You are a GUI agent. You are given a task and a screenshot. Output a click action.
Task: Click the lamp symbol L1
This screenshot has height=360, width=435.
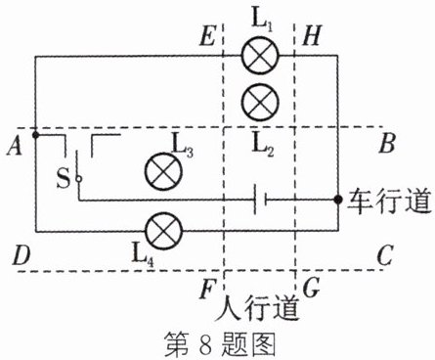coord(260,56)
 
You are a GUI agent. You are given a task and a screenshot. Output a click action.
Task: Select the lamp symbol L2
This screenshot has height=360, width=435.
coord(260,102)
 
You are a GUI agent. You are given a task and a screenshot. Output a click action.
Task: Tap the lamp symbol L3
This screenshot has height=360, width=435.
coord(163,172)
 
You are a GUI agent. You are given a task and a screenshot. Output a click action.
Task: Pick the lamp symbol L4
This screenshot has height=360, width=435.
coord(164,231)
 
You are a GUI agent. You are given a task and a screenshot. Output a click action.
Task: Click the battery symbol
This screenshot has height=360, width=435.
coord(260,200)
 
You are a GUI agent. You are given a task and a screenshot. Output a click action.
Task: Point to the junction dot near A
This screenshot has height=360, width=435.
coord(36,134)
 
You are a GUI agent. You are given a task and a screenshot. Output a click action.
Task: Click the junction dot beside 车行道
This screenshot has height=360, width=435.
coord(338,200)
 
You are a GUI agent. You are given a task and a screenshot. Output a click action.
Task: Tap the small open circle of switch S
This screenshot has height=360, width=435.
coord(78,179)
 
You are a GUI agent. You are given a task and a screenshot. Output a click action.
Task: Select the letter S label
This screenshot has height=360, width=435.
coord(64,178)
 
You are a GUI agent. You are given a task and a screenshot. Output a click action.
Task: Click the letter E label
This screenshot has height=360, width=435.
coord(207,35)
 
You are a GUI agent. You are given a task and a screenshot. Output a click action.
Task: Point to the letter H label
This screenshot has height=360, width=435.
coord(312,35)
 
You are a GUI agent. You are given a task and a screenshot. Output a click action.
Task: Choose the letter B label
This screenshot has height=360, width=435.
coord(387,144)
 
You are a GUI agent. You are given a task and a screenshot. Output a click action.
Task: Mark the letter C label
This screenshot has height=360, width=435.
coord(385,255)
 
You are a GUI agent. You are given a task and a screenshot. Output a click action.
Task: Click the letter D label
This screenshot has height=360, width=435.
coord(22,255)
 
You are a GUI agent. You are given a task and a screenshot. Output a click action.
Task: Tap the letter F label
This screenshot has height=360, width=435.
coord(207,290)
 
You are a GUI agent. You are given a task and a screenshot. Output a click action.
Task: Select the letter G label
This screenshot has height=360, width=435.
coord(311,289)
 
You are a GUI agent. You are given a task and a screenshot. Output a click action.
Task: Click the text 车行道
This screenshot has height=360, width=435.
coord(390,201)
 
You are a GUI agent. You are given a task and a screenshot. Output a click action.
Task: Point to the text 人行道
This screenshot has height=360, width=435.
coord(257,308)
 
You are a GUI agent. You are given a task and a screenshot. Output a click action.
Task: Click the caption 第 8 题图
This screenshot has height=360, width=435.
coord(220,343)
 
